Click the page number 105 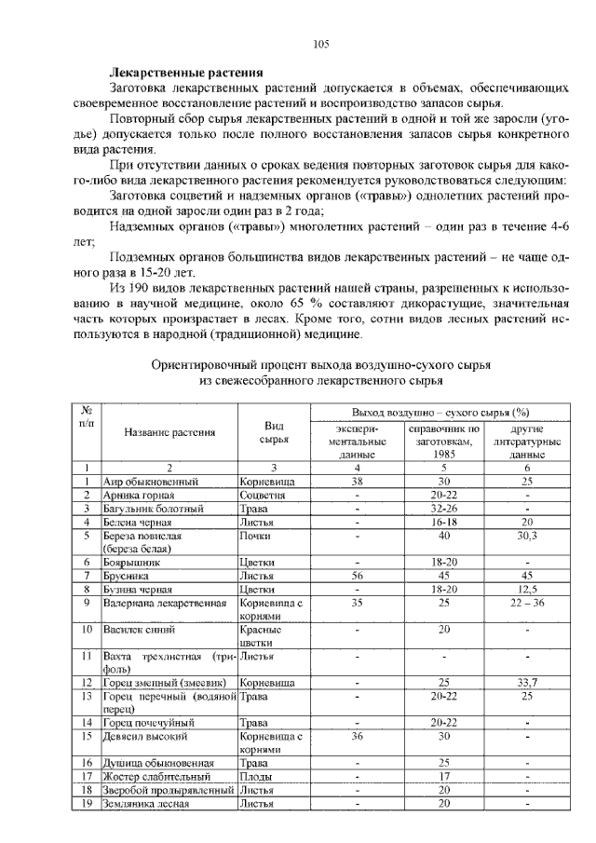(321, 44)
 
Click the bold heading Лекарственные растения (185, 72)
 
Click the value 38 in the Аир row (356, 482)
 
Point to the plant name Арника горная (138, 496)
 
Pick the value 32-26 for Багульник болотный (444, 509)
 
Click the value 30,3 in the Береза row (527, 536)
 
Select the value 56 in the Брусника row (356, 576)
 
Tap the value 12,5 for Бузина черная (527, 589)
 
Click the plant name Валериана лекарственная (165, 603)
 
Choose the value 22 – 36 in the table (527, 603)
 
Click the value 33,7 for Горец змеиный (527, 683)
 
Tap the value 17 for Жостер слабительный (444, 776)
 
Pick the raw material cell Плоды (255, 776)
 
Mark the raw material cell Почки (255, 536)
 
